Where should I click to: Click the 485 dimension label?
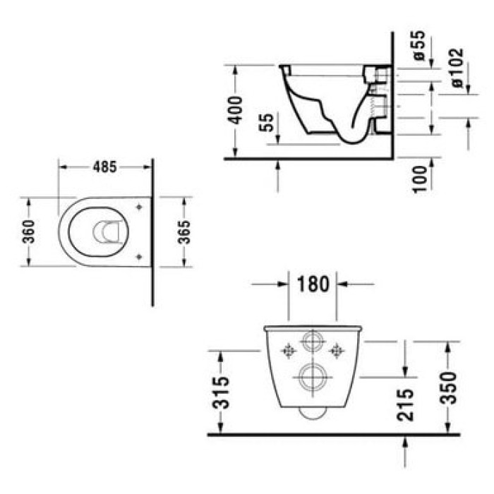(x=104, y=167)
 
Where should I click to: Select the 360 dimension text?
(x=29, y=231)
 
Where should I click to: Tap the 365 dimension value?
(x=184, y=232)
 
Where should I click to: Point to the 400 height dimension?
(x=236, y=110)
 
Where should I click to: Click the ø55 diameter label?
(x=419, y=46)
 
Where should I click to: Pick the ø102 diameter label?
(x=457, y=68)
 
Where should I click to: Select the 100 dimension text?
(x=420, y=179)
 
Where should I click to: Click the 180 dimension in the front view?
(x=313, y=284)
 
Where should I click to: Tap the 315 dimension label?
(x=220, y=392)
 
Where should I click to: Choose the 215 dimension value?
(x=405, y=405)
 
